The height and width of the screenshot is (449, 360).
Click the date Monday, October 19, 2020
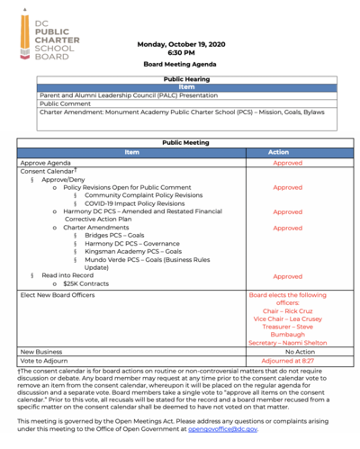coord(180,44)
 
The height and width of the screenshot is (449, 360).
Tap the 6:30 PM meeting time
coord(180,53)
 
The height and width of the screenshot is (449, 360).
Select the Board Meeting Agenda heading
coord(180,66)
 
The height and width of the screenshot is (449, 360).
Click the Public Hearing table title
coord(180,79)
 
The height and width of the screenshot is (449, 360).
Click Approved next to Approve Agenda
coord(288,163)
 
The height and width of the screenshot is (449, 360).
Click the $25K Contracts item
coord(87,284)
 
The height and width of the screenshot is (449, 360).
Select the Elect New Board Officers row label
coord(61,295)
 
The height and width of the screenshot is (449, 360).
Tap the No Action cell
coord(288,352)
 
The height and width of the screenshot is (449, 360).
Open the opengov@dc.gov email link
coord(220,429)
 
